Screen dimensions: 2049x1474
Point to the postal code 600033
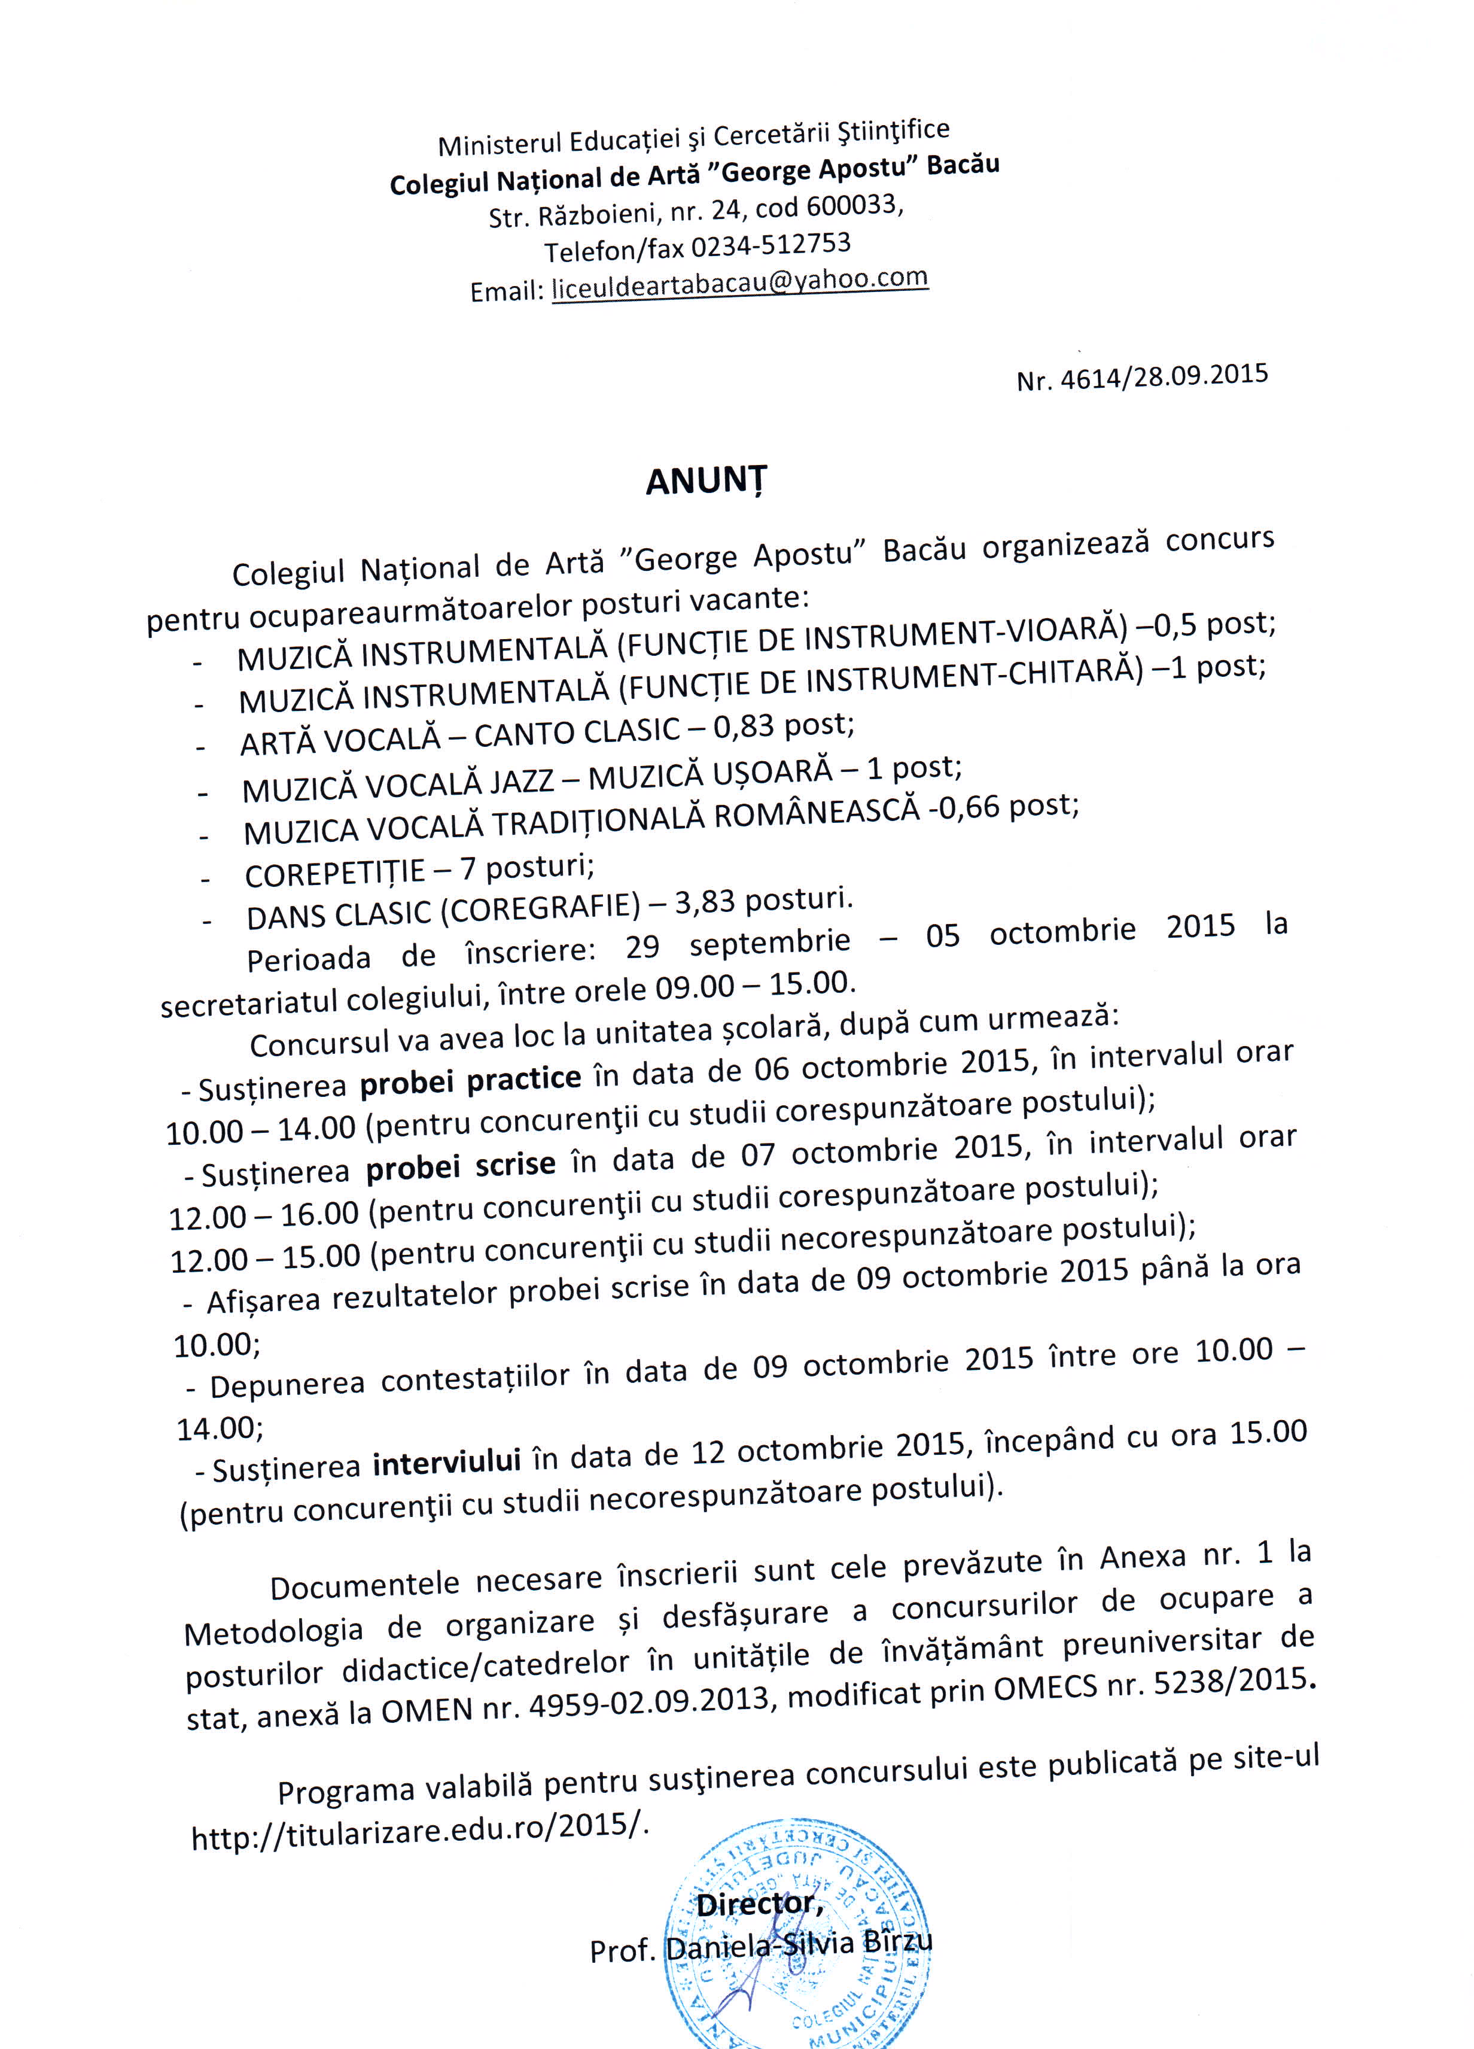852,207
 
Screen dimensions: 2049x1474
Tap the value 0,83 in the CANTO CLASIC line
744,725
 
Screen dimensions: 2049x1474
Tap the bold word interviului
446,1462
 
